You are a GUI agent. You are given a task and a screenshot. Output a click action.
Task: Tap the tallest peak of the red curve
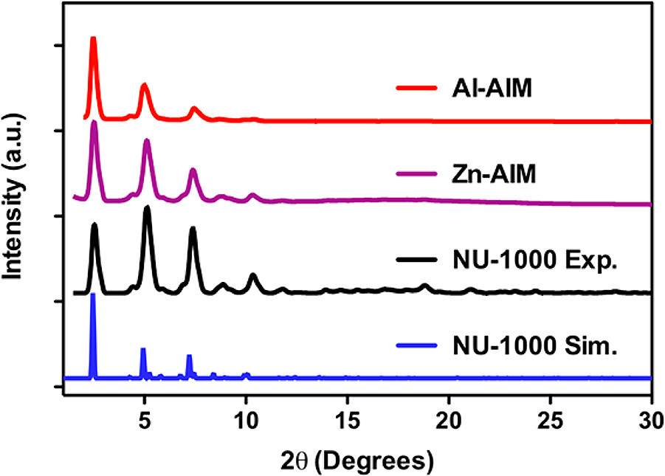click(94, 38)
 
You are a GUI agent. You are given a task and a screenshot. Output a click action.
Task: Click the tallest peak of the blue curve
click(93, 295)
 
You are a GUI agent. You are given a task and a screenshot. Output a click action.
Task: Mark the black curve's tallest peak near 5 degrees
click(147, 208)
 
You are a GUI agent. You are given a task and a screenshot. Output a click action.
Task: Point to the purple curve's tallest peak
click(94, 123)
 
